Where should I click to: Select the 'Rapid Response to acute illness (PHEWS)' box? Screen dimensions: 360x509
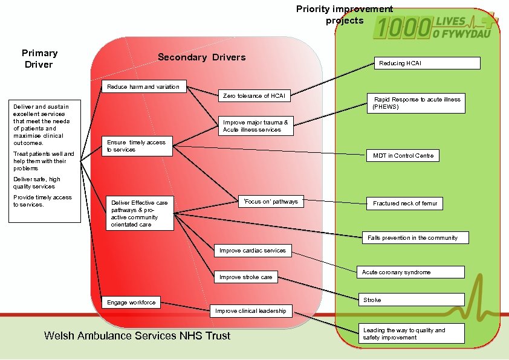click(x=417, y=103)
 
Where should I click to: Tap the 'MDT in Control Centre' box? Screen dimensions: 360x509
click(x=403, y=156)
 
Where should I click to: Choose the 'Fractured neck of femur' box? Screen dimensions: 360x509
click(x=404, y=204)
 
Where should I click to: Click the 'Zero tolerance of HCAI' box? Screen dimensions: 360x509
click(x=254, y=96)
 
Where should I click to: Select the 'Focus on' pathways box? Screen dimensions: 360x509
click(x=270, y=202)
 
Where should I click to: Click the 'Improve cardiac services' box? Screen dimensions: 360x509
click(x=253, y=251)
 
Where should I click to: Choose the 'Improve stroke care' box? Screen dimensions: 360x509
click(x=246, y=277)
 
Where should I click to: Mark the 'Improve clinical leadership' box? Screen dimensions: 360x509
click(x=251, y=311)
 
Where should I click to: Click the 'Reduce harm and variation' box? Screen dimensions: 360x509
click(x=144, y=87)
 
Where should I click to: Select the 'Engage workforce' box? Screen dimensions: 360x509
click(x=131, y=303)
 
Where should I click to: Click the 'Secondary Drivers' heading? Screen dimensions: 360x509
click(x=201, y=57)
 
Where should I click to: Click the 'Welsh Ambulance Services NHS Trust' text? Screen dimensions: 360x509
click(x=137, y=336)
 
